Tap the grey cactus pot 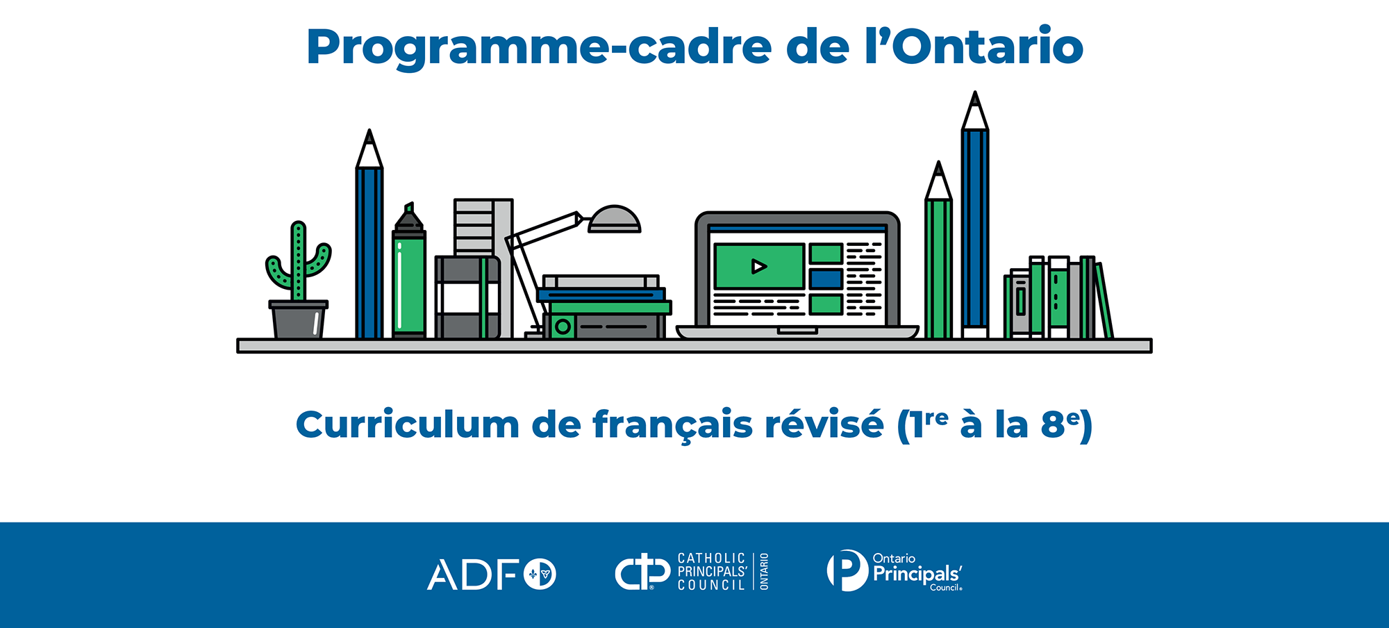tap(299, 320)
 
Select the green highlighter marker tap(409, 271)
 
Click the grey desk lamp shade tap(614, 220)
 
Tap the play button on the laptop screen tap(759, 266)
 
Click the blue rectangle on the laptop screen tap(826, 279)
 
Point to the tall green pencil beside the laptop tap(938, 251)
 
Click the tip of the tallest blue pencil tap(975, 92)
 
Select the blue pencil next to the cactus tap(369, 234)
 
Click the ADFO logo tap(492, 575)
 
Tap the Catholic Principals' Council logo tap(692, 572)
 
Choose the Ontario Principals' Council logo tap(895, 571)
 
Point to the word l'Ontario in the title tap(974, 47)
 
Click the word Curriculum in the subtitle tap(408, 424)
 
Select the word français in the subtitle tap(673, 424)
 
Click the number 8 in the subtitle tap(1053, 424)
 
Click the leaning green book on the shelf tap(1104, 301)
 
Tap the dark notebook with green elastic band tap(467, 297)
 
